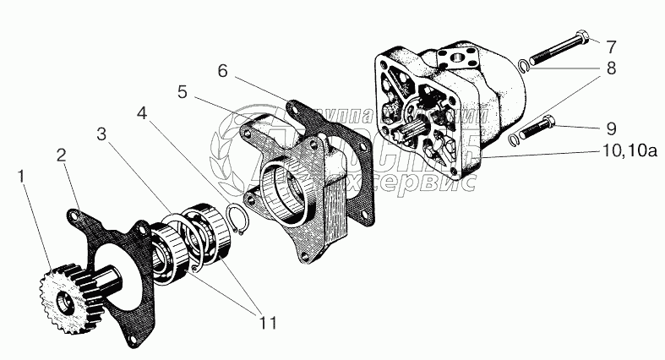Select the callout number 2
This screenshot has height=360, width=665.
pos(61,155)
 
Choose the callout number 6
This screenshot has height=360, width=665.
pos(222,71)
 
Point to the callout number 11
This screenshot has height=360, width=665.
pos(267,322)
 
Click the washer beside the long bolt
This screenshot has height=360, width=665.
pos(524,67)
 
